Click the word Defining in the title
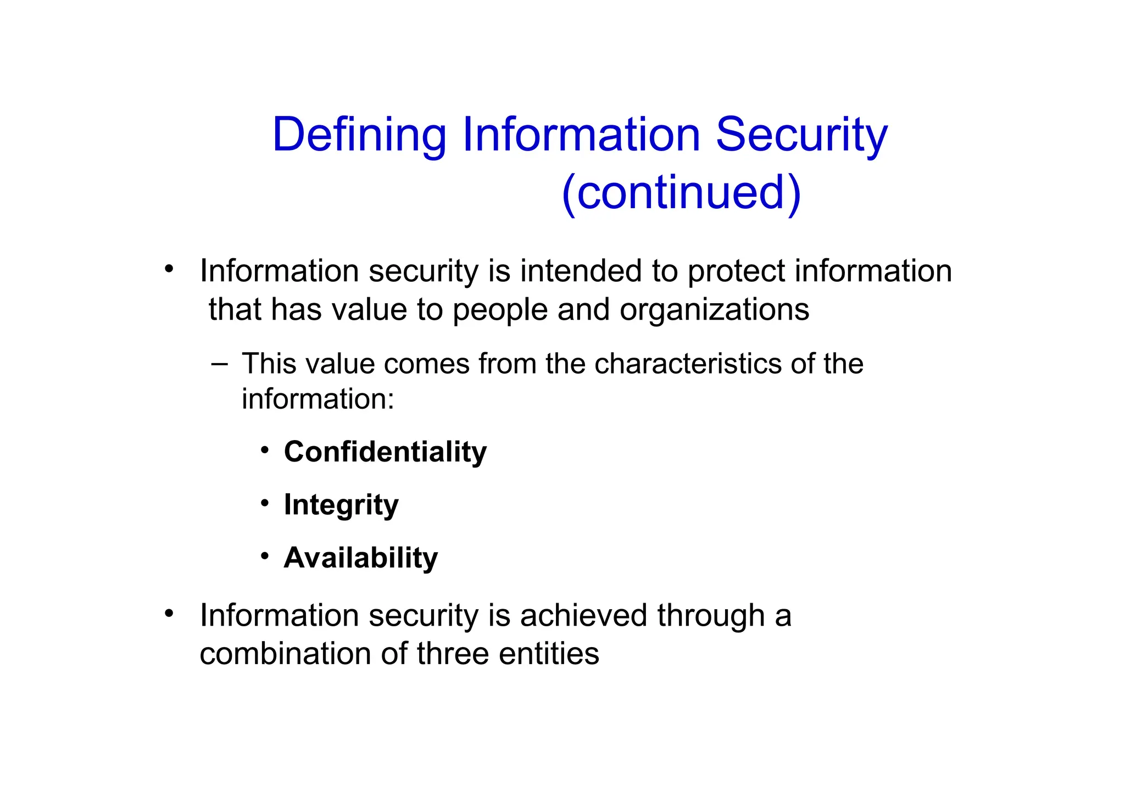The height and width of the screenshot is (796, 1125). click(x=359, y=135)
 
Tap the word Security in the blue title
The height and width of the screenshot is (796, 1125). click(x=801, y=135)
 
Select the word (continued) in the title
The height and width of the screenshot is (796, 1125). click(x=681, y=193)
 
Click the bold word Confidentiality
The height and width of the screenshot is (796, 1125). click(x=385, y=452)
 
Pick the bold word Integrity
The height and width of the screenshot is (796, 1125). click(x=341, y=505)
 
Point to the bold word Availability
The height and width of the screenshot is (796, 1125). click(x=361, y=558)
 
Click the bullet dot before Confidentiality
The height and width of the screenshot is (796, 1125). click(x=265, y=450)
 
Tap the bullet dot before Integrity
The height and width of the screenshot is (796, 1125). click(x=265, y=503)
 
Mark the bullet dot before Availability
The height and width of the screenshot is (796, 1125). click(x=265, y=556)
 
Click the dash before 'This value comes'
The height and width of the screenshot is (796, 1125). click(x=219, y=363)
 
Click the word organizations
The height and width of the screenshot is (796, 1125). click(x=714, y=310)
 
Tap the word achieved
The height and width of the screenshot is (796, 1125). click(x=583, y=615)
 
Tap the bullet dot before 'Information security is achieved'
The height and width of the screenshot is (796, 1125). click(x=169, y=613)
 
